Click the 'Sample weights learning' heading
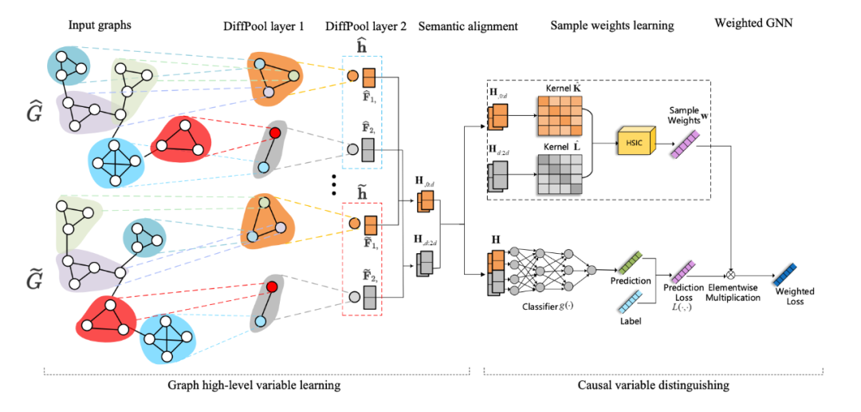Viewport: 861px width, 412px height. (x=612, y=26)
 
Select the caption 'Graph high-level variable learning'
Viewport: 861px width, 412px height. (x=255, y=386)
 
